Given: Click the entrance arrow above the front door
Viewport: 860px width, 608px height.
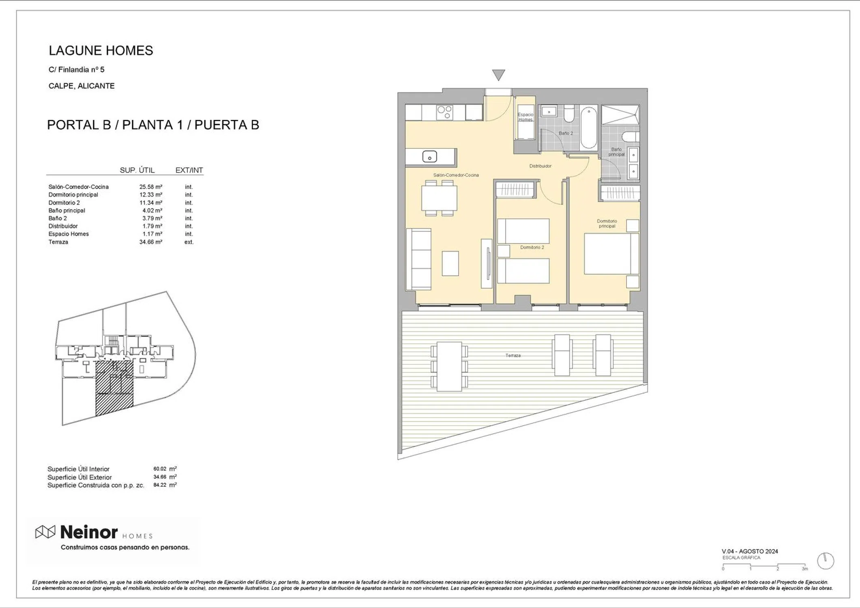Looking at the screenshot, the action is [498, 75].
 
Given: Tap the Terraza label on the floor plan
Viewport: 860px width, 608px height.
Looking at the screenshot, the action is [513, 355].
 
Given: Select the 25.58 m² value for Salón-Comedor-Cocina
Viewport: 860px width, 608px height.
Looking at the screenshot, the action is [151, 187].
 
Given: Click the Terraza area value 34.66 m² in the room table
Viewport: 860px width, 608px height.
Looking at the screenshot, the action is [151, 242].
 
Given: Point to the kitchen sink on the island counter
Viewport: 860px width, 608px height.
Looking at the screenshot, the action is [429, 156].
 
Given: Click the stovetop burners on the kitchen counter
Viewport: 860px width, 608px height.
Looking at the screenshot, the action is [444, 112].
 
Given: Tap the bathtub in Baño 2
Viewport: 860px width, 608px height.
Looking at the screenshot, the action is [588, 127].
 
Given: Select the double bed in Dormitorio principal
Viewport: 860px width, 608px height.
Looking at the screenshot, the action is [611, 254].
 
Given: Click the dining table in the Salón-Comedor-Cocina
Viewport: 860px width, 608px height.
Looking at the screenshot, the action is [439, 198].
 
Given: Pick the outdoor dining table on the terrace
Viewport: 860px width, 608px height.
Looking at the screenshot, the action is [449, 366].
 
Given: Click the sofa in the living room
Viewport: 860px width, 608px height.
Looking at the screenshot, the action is [419, 259].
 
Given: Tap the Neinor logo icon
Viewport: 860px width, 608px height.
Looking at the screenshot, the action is [45, 532].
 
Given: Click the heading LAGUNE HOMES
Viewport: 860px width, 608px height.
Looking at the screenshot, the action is [101, 51].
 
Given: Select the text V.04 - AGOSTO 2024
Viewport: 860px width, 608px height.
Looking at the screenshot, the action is [750, 551].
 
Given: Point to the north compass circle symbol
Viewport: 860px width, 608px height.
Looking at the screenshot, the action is [826, 561].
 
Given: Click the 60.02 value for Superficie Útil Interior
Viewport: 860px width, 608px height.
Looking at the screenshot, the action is [160, 469].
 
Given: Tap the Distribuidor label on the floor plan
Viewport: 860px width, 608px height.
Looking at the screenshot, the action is [540, 166].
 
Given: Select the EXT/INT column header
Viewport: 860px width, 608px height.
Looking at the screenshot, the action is [189, 170].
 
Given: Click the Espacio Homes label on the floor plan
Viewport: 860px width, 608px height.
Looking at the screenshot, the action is [525, 117].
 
